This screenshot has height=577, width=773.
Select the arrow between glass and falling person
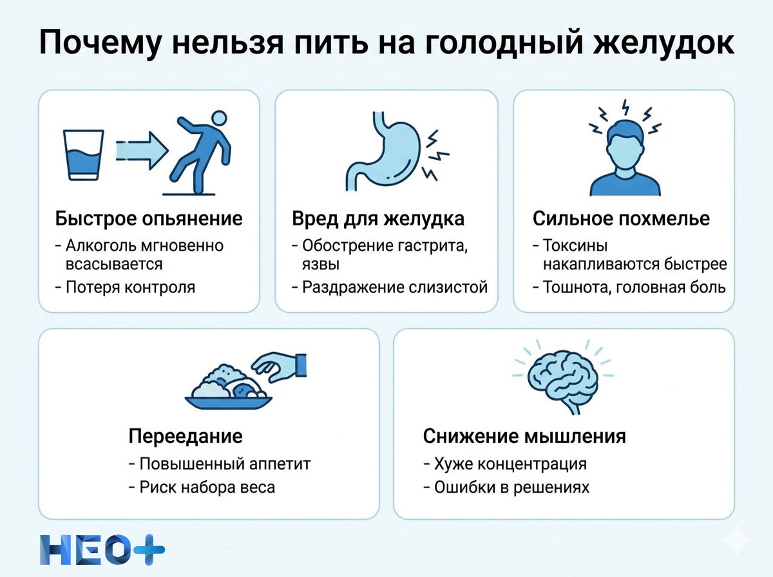pyautogui.click(x=141, y=151)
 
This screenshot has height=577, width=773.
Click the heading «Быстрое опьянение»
pyautogui.click(x=149, y=218)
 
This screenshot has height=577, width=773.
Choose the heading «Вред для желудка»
pyautogui.click(x=378, y=218)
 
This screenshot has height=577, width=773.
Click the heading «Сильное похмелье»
pyautogui.click(x=621, y=218)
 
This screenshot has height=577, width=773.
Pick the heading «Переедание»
pyautogui.click(x=186, y=436)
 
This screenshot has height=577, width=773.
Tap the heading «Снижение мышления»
pyautogui.click(x=524, y=436)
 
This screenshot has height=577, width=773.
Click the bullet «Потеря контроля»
pyautogui.click(x=131, y=287)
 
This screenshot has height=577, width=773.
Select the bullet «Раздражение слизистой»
pyautogui.click(x=395, y=287)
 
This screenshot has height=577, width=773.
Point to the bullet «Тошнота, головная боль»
pyautogui.click(x=635, y=287)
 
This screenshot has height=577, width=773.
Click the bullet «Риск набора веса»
pyautogui.click(x=207, y=487)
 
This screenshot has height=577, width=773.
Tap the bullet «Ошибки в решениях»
pyautogui.click(x=511, y=487)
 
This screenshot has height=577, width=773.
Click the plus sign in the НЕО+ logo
pyautogui.click(x=149, y=550)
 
